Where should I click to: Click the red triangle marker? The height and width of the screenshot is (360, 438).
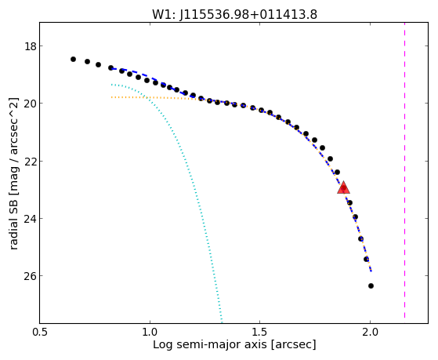pos(343,188)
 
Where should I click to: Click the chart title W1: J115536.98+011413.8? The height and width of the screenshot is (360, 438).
pos(234,15)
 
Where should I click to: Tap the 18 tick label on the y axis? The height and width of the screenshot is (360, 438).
pos(31,45)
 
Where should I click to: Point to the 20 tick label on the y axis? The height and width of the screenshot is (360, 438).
pos(31,104)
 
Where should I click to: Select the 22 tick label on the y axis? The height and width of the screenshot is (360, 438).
pos(31,161)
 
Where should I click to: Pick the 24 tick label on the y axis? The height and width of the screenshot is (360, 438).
pos(31,218)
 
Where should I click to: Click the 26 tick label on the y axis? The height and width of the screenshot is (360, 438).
pos(31,275)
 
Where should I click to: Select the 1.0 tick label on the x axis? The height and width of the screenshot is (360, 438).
pos(150,332)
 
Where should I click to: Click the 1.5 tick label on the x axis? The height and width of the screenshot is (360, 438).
pos(260,332)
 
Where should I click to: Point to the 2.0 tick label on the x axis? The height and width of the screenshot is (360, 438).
pos(370,332)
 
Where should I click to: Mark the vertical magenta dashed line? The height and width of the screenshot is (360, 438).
pos(405,170)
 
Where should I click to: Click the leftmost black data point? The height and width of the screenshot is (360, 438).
pos(73,59)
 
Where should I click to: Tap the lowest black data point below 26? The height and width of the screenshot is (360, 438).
pos(371,285)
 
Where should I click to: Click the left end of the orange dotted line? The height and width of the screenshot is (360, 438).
pos(111,97)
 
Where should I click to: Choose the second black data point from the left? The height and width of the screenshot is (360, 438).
pos(88,61)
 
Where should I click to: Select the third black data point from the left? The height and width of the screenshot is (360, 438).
pos(98,64)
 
